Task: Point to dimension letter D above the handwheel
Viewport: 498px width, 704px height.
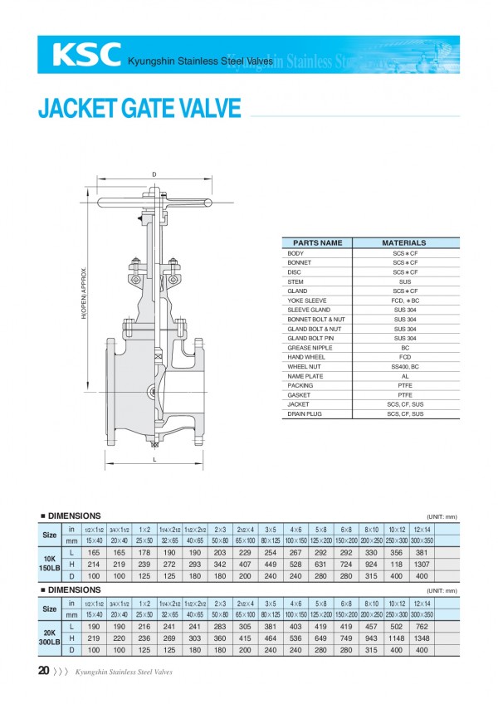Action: coord(154,174)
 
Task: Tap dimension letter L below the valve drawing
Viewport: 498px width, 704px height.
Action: coord(154,458)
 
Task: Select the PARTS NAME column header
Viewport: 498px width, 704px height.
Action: coord(318,243)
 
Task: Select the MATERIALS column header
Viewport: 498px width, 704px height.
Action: coord(404,243)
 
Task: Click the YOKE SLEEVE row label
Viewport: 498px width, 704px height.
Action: coord(307,301)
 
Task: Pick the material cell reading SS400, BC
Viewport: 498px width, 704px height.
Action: coord(404,366)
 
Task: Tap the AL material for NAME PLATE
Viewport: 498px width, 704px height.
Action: coord(404,375)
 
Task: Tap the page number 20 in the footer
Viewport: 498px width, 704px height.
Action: coord(43,670)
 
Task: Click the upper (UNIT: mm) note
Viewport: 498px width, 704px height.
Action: coord(442,516)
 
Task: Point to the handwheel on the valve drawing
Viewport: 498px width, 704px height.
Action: coord(154,202)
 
